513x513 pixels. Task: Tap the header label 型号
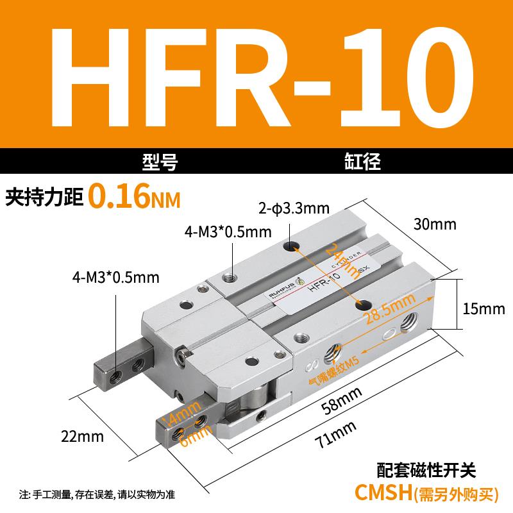160,162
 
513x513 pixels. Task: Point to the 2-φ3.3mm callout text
294,208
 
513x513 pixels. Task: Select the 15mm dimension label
484,309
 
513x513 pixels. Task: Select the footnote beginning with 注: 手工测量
97,494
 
